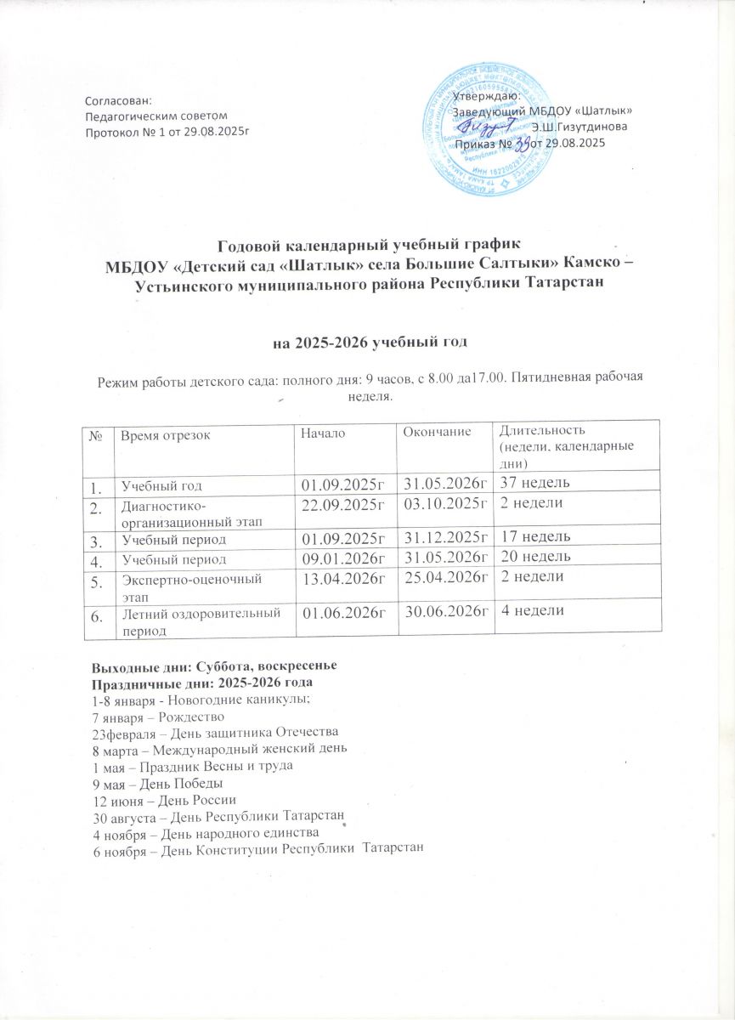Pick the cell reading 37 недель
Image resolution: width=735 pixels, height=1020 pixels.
pyautogui.click(x=534, y=484)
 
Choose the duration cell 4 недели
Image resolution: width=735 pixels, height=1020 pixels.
pyautogui.click(x=532, y=611)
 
